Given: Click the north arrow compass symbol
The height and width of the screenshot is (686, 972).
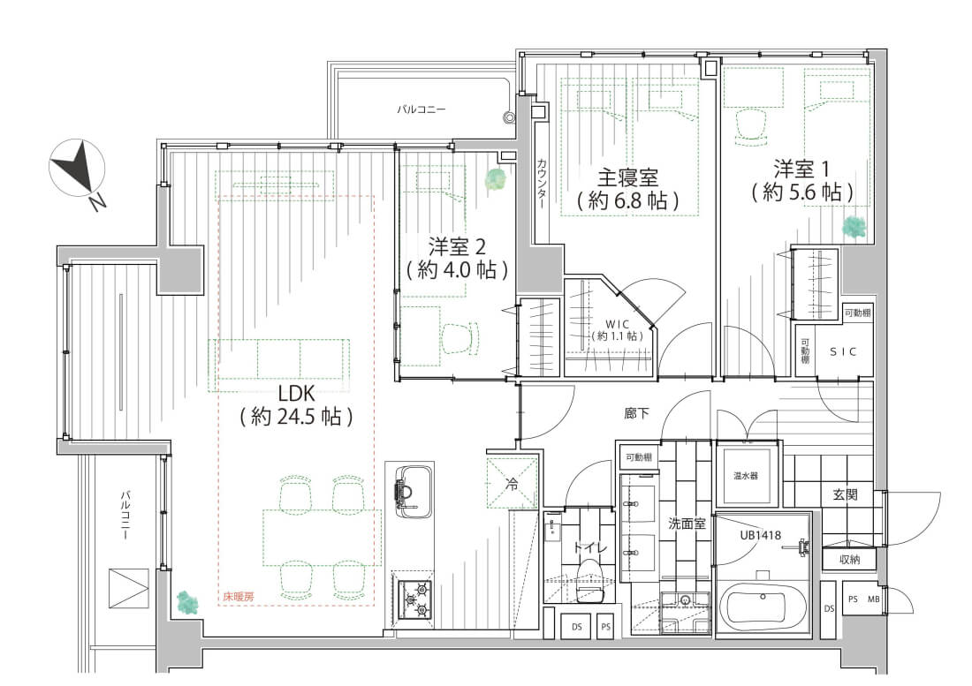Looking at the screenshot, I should click(x=78, y=169).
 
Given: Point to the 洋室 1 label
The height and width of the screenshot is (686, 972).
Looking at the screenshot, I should click(x=801, y=178).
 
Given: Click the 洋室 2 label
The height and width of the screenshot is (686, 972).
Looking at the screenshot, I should click(x=456, y=257).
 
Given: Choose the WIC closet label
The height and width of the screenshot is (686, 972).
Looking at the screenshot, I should click(x=617, y=328).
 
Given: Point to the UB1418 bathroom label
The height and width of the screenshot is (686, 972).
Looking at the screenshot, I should click(x=758, y=534).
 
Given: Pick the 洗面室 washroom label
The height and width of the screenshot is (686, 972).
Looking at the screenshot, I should click(x=687, y=523).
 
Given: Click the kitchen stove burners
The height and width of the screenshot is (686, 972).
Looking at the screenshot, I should click(x=414, y=599).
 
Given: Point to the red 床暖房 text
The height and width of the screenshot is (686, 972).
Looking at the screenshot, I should click(x=238, y=597).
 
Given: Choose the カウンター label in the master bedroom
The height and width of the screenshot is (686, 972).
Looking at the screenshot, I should click(x=542, y=183).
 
